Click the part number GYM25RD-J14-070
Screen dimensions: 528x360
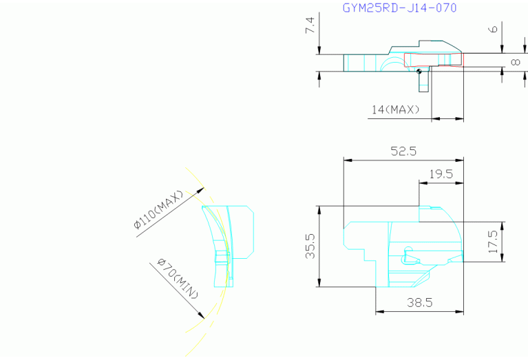coord(399,8)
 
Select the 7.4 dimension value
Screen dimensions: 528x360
coord(310,25)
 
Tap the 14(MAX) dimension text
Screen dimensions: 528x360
coord(396,109)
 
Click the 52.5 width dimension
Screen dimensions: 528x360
coord(403,151)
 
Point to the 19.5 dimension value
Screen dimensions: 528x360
coord(441,174)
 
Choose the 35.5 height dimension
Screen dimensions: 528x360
coord(310,246)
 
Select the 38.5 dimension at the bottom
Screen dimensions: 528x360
coord(419,302)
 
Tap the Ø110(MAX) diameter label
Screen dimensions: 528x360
coord(158,210)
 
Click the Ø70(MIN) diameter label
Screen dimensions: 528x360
coord(178,279)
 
